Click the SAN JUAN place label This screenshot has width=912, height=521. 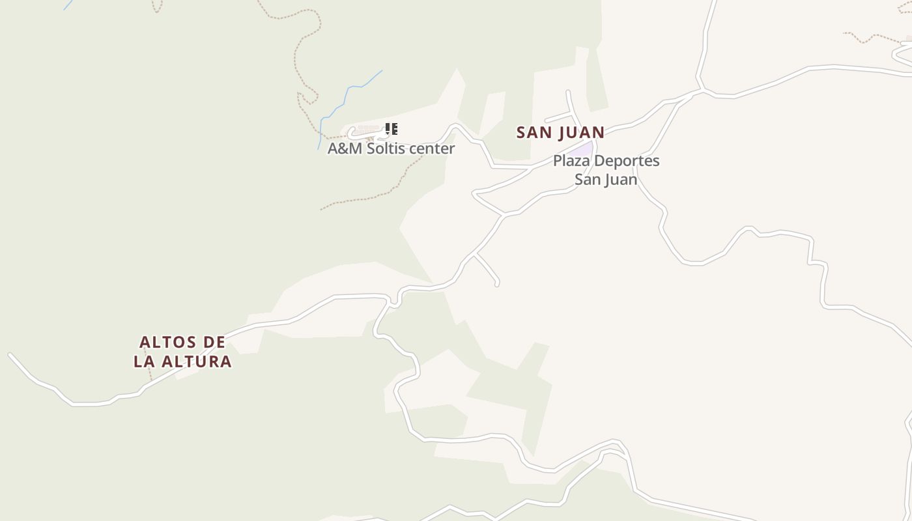[x=560, y=132]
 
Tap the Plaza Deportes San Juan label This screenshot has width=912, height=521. [x=606, y=169]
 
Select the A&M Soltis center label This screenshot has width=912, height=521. [x=391, y=148]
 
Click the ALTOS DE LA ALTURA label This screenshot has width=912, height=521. [x=182, y=352]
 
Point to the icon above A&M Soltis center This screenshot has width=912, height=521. [x=391, y=129]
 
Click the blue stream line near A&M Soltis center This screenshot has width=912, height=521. [x=345, y=94]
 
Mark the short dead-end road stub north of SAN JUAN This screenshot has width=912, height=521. [x=557, y=118]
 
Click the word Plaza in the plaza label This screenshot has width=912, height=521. [x=571, y=160]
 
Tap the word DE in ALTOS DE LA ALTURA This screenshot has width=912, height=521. [x=214, y=343]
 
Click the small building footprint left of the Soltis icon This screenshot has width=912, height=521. [x=367, y=129]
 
